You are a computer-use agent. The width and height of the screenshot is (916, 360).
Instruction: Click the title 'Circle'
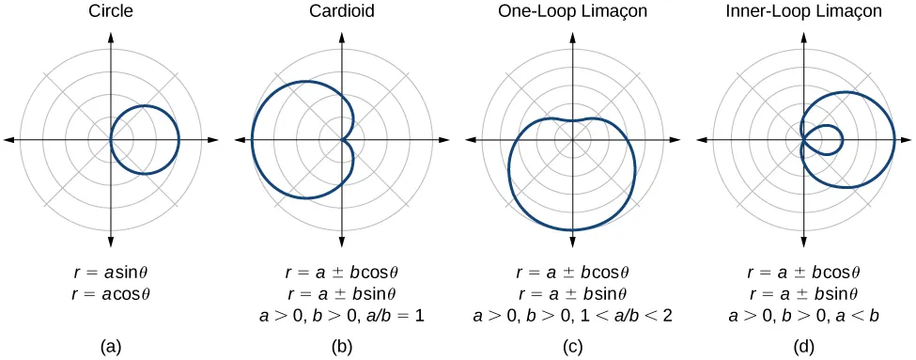pyautogui.click(x=111, y=12)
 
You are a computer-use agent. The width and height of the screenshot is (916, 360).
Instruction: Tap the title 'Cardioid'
pyautogui.click(x=341, y=12)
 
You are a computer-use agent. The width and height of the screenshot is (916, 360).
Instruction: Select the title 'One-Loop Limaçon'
pyautogui.click(x=571, y=12)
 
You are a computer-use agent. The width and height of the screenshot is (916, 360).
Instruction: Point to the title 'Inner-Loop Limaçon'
pyautogui.click(x=802, y=12)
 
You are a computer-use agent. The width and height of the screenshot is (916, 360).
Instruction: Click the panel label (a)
pyautogui.click(x=111, y=345)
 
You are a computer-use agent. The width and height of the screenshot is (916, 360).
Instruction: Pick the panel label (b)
pyautogui.click(x=341, y=345)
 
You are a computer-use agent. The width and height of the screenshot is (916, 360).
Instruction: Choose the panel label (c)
pyautogui.click(x=571, y=345)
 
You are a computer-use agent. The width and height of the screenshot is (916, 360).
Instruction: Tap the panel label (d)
pyautogui.click(x=802, y=345)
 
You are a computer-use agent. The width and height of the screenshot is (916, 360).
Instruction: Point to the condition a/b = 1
pyautogui.click(x=402, y=315)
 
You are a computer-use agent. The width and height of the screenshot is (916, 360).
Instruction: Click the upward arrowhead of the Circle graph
pyautogui.click(x=111, y=37)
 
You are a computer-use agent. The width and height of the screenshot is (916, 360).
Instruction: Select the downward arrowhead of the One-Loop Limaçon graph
pyautogui.click(x=571, y=243)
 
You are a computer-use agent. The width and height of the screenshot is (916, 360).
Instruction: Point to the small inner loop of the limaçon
pyautogui.click(x=831, y=140)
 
